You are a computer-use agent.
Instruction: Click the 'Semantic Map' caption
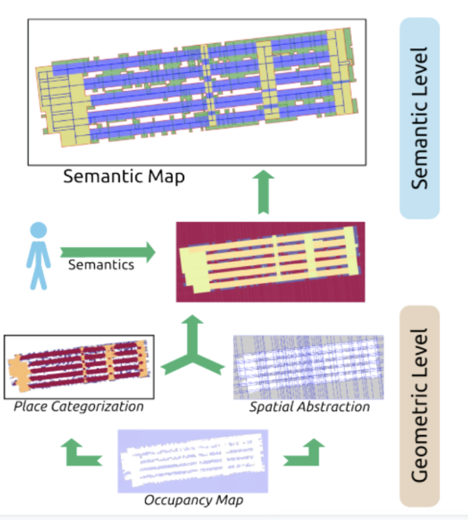(124, 176)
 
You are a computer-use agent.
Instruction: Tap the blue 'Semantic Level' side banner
(419, 118)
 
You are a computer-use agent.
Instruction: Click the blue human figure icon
(39, 256)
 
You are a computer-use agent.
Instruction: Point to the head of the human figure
(39, 231)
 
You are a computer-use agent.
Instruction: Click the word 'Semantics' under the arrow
(101, 264)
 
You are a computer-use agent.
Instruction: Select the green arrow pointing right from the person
(107, 252)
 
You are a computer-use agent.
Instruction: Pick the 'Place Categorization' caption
(79, 407)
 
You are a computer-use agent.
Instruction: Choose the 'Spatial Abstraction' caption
(310, 407)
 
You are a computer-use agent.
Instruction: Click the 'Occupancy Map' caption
(193, 500)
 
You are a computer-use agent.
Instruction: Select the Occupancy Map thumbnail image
(193, 461)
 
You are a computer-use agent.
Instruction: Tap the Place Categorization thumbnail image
(79, 367)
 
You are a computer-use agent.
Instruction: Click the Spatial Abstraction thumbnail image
(308, 367)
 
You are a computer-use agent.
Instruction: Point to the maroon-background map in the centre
(270, 262)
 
